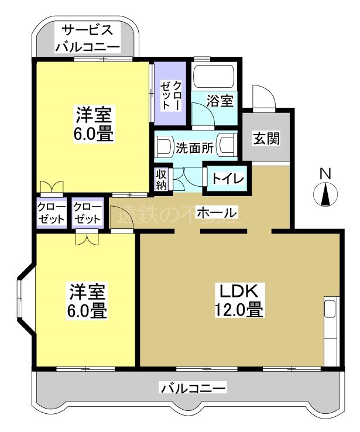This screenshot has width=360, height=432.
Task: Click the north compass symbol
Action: [x=325, y=195]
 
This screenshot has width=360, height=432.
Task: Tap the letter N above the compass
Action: [x=325, y=174]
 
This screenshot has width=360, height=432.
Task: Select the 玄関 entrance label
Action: [x=266, y=138]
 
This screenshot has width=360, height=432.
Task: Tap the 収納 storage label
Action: [x=162, y=180]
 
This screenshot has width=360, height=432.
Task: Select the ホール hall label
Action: [x=216, y=212]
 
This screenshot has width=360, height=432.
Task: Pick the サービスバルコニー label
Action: [x=87, y=38]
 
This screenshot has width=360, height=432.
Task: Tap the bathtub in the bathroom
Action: [x=214, y=77]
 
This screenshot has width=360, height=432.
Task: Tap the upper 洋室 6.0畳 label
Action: [x=93, y=124]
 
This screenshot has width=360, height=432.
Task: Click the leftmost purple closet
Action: [x=50, y=214]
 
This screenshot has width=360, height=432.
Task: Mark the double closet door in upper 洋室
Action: [x=51, y=187]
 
